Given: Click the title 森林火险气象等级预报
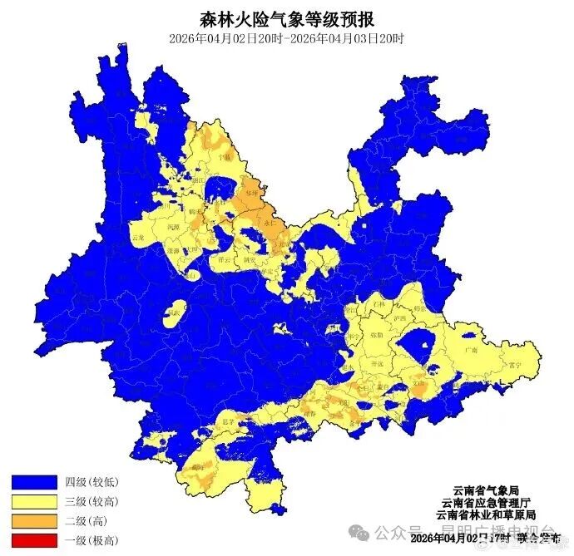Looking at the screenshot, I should click(x=286, y=17).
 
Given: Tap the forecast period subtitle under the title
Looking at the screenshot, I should click(x=286, y=38).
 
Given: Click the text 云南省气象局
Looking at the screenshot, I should click(x=485, y=490).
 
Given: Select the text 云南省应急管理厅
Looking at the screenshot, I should click(x=485, y=503).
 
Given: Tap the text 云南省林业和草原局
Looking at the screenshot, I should click(x=485, y=515).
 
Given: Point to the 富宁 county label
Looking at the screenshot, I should click(x=515, y=364).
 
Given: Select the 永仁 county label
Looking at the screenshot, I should click(x=269, y=223).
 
